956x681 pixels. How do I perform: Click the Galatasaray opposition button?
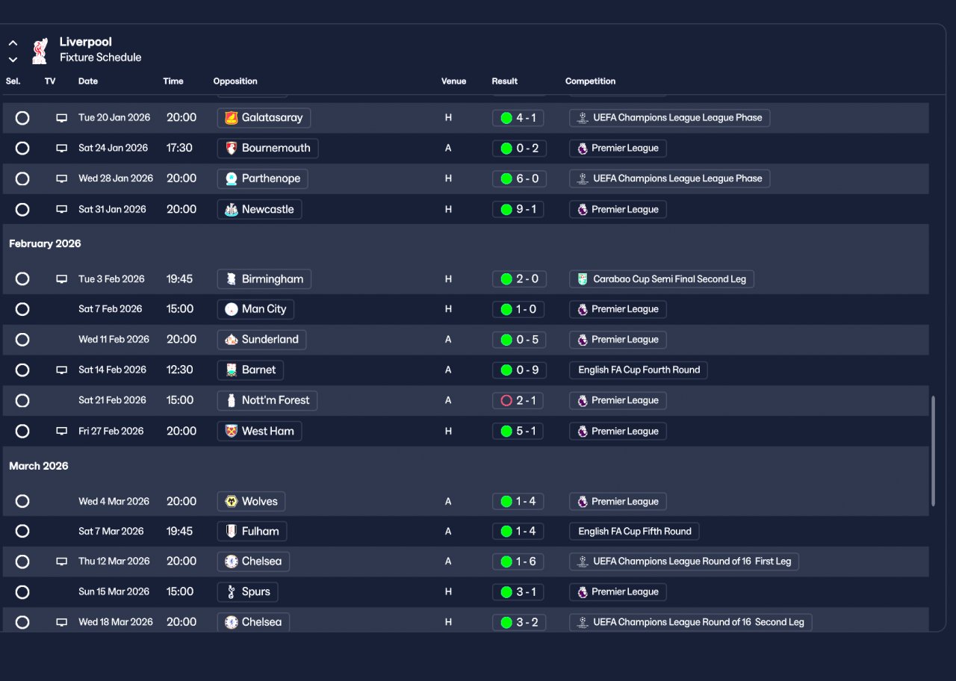(264, 118)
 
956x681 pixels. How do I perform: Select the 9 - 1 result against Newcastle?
(518, 210)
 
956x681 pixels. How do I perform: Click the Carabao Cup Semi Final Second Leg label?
(661, 279)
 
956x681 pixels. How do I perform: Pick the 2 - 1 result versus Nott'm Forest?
(518, 401)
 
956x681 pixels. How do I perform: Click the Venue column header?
(453, 81)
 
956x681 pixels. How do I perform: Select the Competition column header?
(590, 81)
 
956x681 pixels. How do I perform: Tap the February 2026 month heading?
(45, 244)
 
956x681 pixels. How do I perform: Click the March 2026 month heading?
(39, 466)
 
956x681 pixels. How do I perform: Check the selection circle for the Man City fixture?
(22, 309)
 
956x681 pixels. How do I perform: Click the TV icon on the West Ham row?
(62, 432)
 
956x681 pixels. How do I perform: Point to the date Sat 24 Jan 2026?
(114, 149)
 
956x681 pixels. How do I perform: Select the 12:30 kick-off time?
(180, 370)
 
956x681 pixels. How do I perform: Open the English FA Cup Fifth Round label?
(634, 532)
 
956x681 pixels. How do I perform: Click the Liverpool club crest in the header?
(40, 50)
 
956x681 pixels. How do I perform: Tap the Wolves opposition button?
(251, 502)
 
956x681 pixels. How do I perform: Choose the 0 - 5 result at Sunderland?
(518, 340)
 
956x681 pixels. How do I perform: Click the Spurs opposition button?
(247, 592)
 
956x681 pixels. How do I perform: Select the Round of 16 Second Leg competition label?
(690, 623)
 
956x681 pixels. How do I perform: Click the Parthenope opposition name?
(262, 179)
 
